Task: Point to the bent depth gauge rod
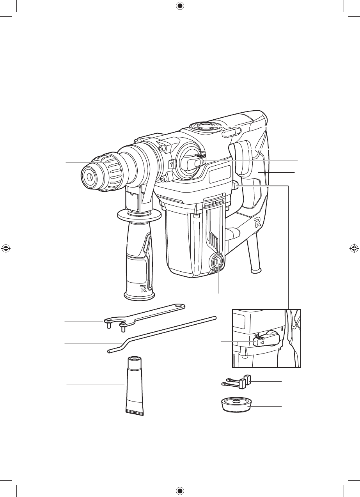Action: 161,334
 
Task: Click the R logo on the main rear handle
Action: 257,222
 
